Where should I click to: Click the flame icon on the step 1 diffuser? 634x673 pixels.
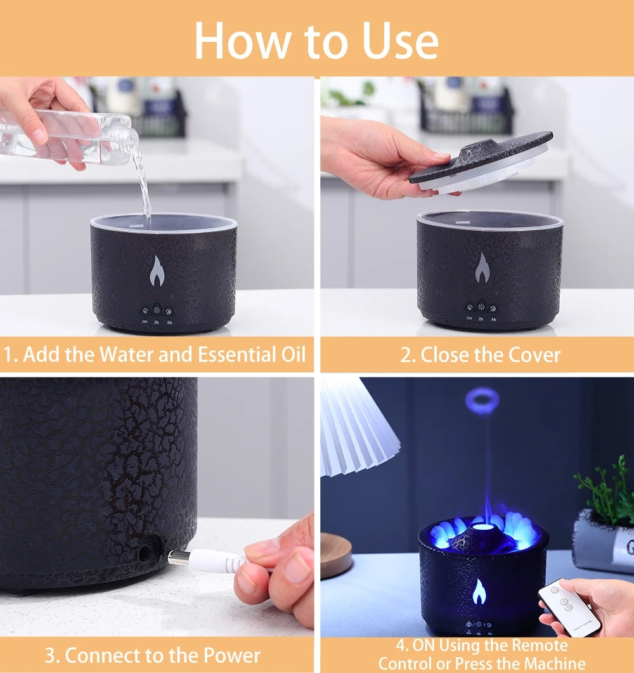point(157,271)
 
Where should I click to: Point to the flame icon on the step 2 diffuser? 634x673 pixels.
point(482,268)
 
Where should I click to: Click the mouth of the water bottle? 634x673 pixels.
point(132,138)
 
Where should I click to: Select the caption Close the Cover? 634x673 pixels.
point(480,355)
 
